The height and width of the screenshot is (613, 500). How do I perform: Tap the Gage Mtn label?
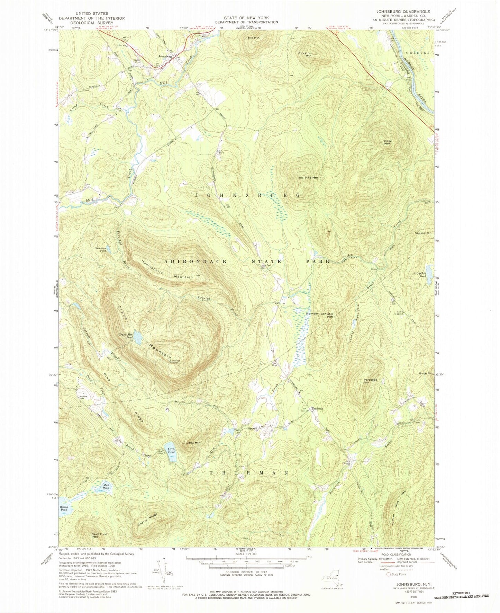[x=387, y=142]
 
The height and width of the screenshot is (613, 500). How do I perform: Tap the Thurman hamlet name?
[x=317, y=409]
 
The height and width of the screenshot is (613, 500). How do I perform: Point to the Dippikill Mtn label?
[x=423, y=233]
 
